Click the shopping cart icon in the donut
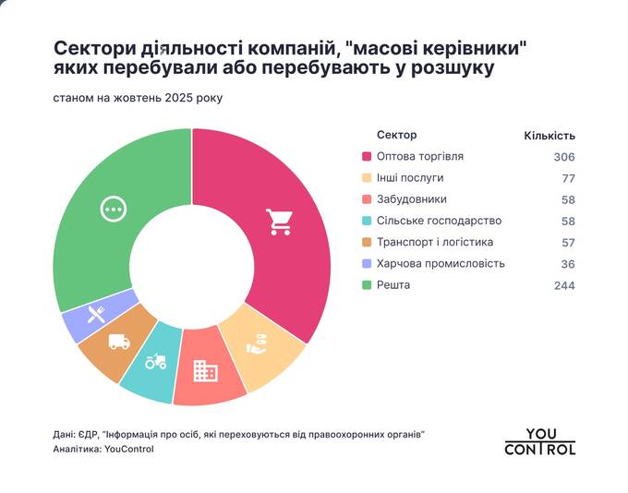tap(278, 221)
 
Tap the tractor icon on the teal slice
tap(156, 361)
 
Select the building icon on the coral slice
tap(205, 371)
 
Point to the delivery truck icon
tap(119, 342)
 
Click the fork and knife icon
tap(94, 314)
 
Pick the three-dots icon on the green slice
tap(113, 210)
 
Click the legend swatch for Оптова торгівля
tap(368, 157)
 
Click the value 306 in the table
tap(564, 157)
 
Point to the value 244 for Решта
tap(564, 286)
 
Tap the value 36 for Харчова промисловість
tap(568, 264)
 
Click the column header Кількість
tap(549, 136)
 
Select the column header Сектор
tap(397, 135)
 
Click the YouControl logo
tap(540, 442)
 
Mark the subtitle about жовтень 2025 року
tap(139, 97)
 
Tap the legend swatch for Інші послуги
tap(368, 178)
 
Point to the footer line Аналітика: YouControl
tap(103, 450)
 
